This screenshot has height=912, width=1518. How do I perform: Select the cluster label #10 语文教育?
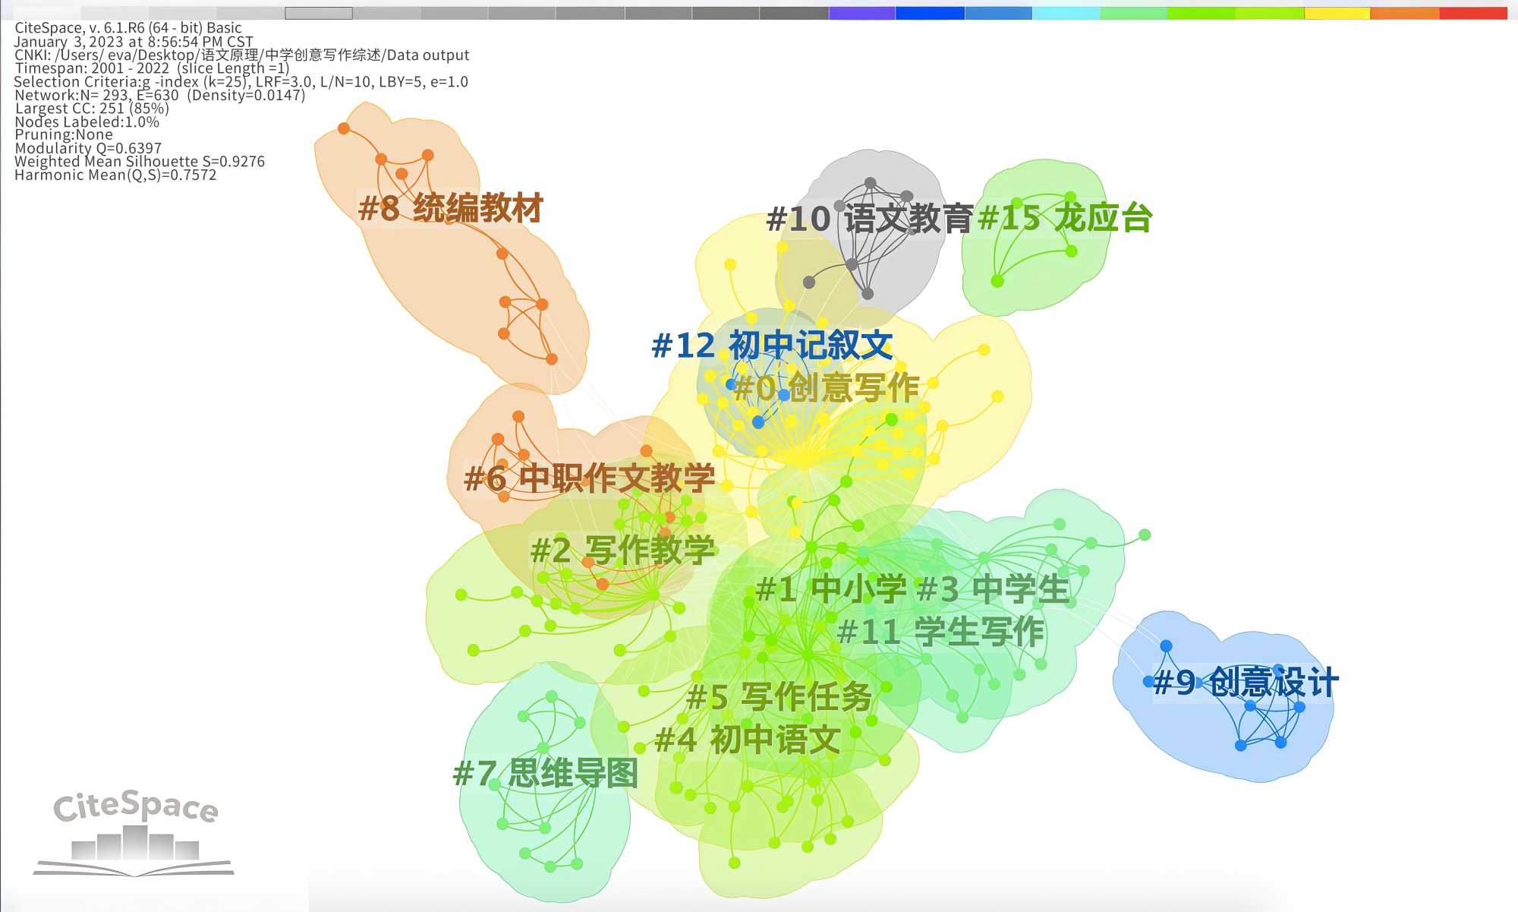click(870, 219)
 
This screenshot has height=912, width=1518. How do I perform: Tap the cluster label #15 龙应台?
click(1066, 218)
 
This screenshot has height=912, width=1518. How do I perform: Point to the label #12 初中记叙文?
click(773, 346)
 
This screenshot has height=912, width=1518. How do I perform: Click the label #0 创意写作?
click(827, 388)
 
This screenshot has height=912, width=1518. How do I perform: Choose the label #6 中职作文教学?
click(590, 478)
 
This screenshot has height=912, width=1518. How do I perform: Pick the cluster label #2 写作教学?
click(623, 551)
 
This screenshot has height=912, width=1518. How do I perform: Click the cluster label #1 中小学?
click(832, 589)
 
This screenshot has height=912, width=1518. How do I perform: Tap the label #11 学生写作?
click(941, 632)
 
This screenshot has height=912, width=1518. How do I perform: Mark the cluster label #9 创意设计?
click(1246, 682)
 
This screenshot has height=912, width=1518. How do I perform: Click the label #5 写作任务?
click(779, 697)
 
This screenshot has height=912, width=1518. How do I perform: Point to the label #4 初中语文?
click(748, 740)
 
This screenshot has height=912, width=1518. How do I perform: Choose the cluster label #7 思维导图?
click(546, 774)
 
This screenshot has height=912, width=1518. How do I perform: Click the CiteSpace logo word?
click(136, 806)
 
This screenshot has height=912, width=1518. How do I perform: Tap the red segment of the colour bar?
click(1473, 13)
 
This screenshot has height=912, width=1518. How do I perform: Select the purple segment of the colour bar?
click(862, 13)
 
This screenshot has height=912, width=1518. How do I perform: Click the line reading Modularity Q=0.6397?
click(88, 148)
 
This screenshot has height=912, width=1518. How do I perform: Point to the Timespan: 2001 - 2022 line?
click(152, 68)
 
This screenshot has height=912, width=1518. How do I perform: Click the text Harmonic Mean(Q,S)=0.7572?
click(115, 175)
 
